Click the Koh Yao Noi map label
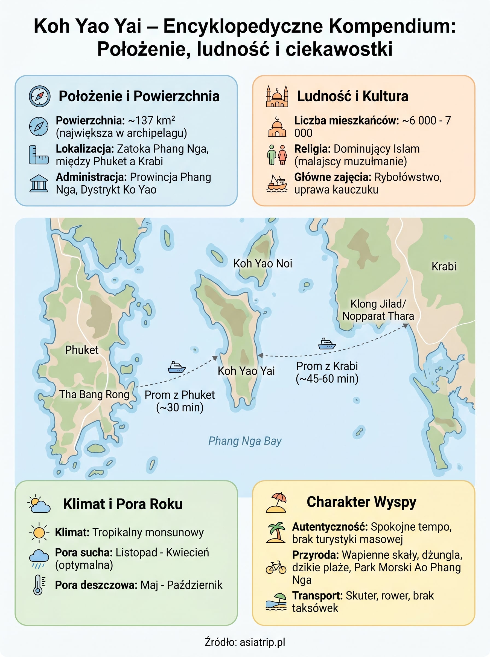tap(262, 264)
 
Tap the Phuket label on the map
tap(81, 350)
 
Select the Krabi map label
tap(444, 266)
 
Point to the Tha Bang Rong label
tap(94, 394)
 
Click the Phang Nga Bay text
tap(245, 441)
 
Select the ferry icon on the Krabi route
tap(327, 344)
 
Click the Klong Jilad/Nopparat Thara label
tap(378, 310)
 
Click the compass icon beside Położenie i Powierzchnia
tap(39, 96)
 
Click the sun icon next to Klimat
tap(39, 533)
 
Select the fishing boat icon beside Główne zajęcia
tap(277, 183)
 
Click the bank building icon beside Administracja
tap(39, 183)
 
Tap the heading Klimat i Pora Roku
tap(123, 504)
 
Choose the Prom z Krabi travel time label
tap(327, 372)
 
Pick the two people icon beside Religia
tap(277, 155)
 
